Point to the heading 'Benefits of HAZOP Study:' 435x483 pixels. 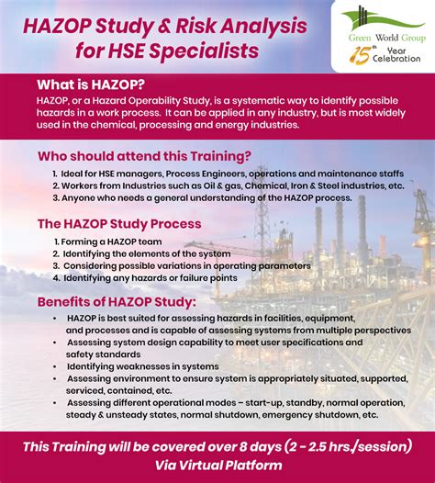(x=116, y=301)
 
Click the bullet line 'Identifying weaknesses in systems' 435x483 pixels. (x=142, y=365)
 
